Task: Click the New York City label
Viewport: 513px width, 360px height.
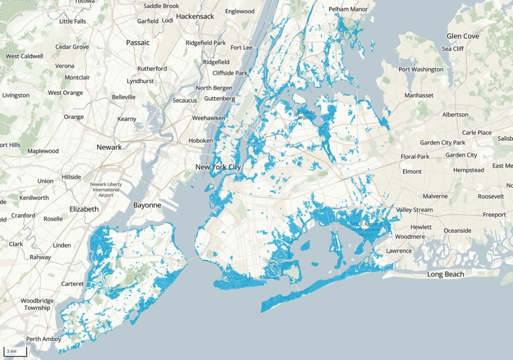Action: pos(218,167)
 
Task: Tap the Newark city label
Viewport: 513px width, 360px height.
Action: pos(109,147)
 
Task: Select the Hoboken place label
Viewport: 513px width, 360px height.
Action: pos(200,141)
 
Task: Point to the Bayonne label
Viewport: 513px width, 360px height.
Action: pos(147,205)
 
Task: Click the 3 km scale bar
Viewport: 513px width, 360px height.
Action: pos(15,351)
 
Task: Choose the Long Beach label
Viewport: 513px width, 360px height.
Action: pos(445,274)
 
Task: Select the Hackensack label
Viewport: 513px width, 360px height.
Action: pos(195,16)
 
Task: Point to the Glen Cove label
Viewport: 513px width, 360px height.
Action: pos(463,36)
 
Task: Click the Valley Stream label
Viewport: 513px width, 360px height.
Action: pos(414,210)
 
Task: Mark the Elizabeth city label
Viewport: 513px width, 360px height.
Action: pos(84,209)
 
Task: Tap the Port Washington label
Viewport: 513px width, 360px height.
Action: pos(421,69)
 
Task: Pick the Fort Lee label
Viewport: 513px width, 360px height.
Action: pos(241,48)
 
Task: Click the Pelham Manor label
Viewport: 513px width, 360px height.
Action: pos(348,9)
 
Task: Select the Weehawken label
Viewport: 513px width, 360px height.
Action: pos(208,118)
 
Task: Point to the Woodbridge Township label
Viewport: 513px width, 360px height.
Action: pos(37,304)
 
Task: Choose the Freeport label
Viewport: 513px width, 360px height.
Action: pos(494,215)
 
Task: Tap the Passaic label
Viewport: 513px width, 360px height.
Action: pos(138,43)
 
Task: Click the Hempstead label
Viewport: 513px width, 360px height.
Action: pos(468,170)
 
